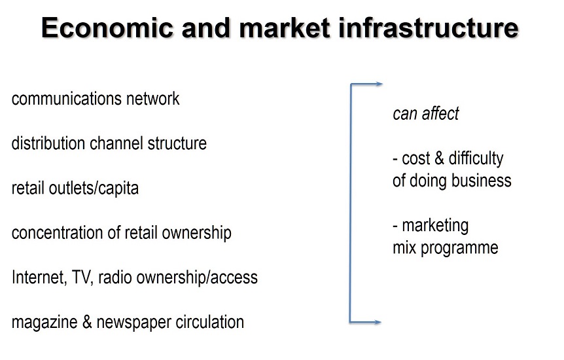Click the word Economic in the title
click(x=107, y=27)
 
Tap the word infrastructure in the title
click(x=429, y=27)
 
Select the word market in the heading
click(x=285, y=27)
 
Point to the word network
click(x=152, y=99)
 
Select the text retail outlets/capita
click(x=75, y=189)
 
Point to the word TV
click(x=82, y=278)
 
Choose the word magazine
click(x=44, y=322)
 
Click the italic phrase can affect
click(x=426, y=113)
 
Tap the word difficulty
click(x=476, y=158)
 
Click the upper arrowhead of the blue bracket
click(x=379, y=84)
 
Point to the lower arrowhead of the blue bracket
click(x=378, y=322)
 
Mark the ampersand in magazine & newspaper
click(x=87, y=322)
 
